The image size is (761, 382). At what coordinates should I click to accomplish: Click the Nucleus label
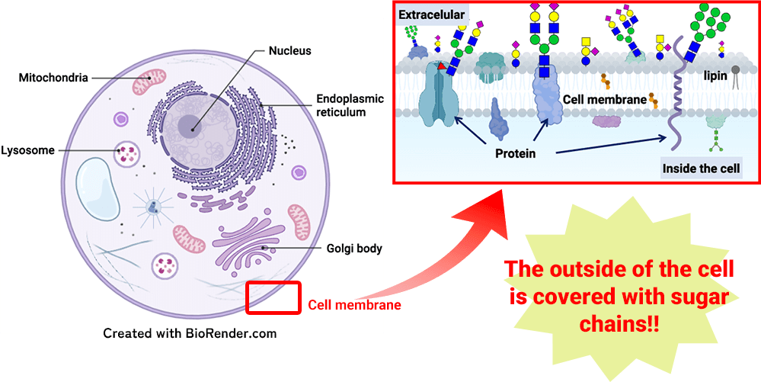coord(290,51)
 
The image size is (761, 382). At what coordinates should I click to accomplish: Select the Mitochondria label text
coord(53,78)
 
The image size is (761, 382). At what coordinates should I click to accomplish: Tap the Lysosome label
coord(27,150)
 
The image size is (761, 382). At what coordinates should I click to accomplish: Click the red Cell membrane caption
coord(354,305)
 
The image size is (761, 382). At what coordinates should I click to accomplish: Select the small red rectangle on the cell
coord(273,297)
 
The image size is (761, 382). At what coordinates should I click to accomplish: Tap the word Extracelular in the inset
coord(431,14)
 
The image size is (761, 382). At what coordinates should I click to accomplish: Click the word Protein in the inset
coord(515,153)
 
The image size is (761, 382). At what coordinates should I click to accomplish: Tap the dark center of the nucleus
coord(190,127)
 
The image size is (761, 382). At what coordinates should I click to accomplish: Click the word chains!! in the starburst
coord(620,323)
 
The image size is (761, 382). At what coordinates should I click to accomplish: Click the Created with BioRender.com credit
coord(189,332)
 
